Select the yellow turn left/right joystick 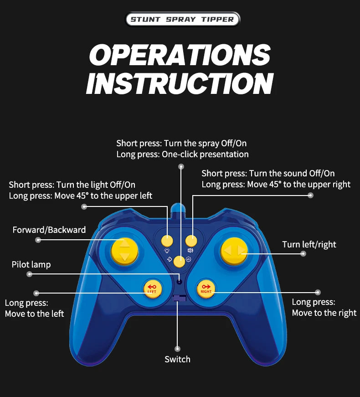click(234, 251)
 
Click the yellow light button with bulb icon click(168, 241)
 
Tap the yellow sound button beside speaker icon click(191, 241)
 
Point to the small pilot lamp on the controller click(180, 282)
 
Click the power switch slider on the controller click(180, 299)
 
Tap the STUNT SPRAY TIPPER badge click(182, 19)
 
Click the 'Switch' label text click(177, 360)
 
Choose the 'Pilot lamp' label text click(31, 264)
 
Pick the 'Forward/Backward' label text click(49, 230)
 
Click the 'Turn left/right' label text click(309, 244)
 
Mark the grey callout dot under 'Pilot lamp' click(30, 274)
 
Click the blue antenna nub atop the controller click(179, 210)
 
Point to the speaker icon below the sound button click(190, 250)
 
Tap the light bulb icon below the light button click(167, 250)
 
